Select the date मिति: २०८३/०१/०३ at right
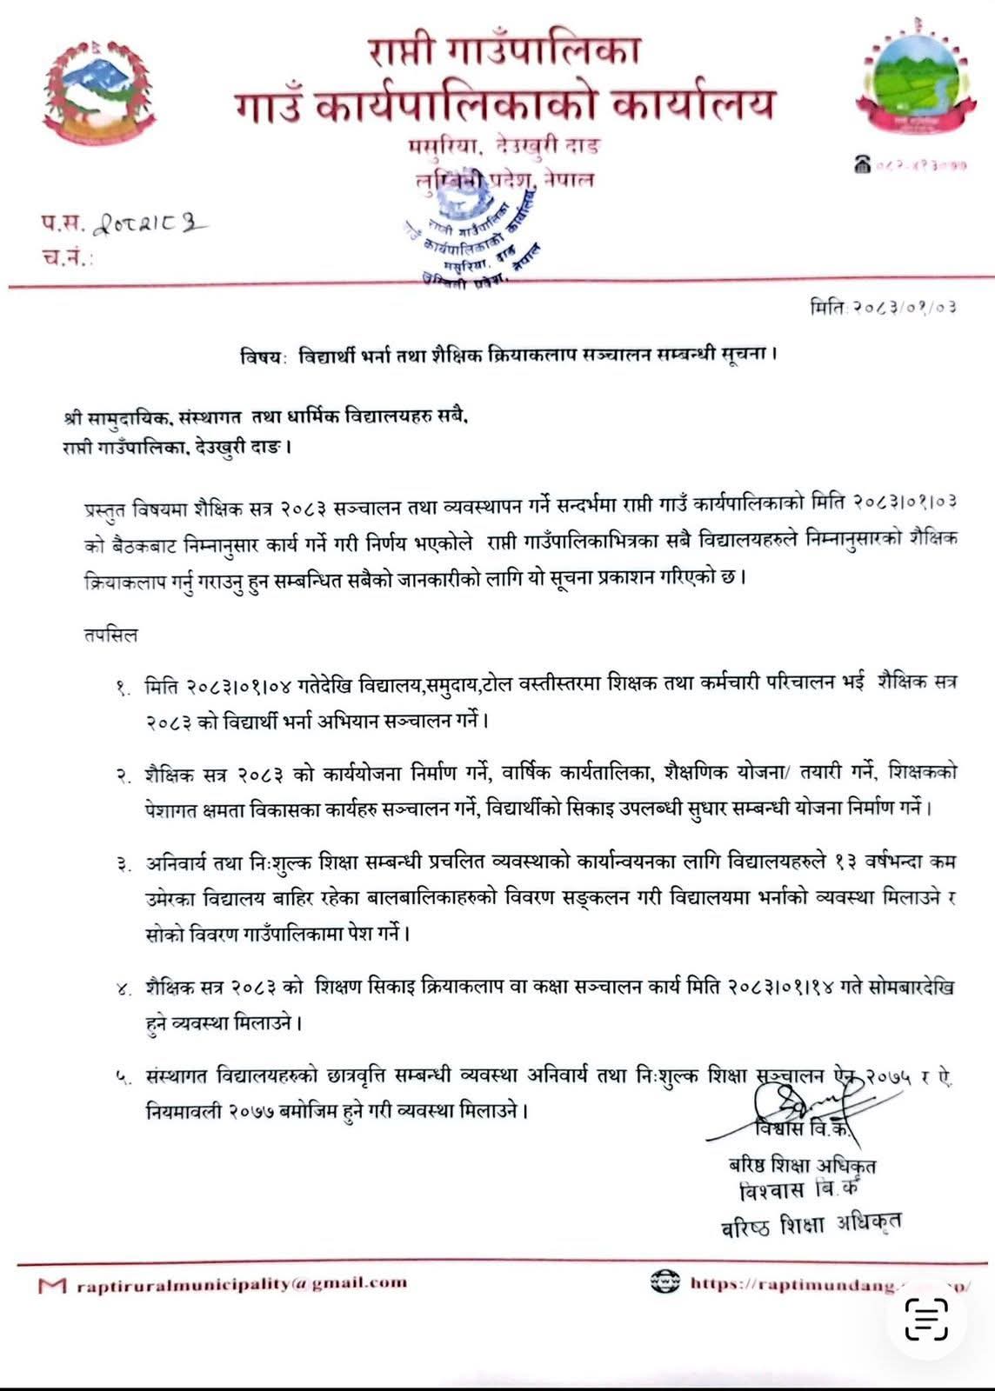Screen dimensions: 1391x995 883,307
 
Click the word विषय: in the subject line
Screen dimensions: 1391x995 264,356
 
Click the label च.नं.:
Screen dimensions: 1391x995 67,258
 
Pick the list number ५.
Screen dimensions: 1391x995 122,1078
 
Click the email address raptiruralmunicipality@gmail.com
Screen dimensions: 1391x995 241,1282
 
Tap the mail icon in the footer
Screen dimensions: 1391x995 52,1284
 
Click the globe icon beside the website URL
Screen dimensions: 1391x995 664,1281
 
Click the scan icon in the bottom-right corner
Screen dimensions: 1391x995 925,1320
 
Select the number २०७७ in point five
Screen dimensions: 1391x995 267,1110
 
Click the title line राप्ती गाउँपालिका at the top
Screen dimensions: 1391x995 504,52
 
